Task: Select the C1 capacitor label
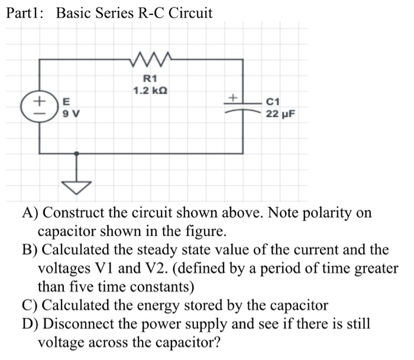[276, 102]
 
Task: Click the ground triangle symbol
[76, 187]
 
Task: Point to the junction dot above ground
[76, 153]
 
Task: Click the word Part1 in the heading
[24, 13]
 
